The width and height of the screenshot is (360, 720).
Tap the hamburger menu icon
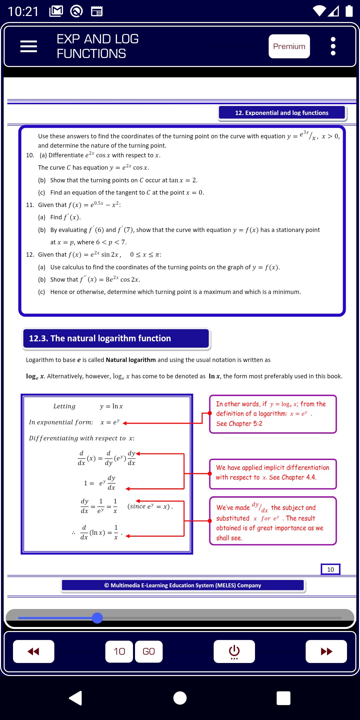[29, 46]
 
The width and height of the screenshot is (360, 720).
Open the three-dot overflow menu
[333, 46]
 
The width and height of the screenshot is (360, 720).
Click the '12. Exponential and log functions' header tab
[282, 113]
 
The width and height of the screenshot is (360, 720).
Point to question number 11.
[30, 205]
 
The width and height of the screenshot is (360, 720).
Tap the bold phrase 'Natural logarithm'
[131, 360]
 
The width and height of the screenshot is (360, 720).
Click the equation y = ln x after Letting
[111, 406]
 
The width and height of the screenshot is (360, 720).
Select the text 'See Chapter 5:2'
[239, 424]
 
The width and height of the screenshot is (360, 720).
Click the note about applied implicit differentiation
[272, 472]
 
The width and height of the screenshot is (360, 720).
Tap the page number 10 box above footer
[330, 569]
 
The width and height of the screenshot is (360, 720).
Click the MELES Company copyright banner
[183, 585]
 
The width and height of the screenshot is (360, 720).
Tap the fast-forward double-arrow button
[326, 651]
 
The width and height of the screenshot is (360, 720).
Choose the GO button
[149, 651]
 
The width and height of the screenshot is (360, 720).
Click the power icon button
[234, 651]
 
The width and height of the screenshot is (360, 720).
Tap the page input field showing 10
[119, 651]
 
